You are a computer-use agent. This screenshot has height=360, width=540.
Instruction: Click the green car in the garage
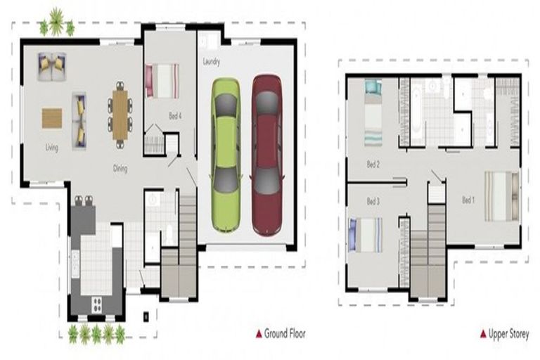click(226, 155)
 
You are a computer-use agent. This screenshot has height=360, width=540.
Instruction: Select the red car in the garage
click(267, 155)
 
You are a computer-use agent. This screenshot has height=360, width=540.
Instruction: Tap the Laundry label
click(212, 62)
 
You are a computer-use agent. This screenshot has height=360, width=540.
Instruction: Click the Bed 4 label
click(175, 116)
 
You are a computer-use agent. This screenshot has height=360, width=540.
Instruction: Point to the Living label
click(51, 148)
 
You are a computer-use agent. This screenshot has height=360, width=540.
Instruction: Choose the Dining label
click(120, 169)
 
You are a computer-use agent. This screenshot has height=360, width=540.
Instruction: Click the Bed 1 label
click(468, 200)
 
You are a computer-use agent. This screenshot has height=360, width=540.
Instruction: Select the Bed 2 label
click(373, 165)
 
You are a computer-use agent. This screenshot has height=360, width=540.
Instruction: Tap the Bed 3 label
click(373, 201)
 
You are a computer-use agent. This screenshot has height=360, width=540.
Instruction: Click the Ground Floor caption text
click(285, 333)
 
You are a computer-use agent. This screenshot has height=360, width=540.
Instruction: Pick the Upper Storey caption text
click(508, 334)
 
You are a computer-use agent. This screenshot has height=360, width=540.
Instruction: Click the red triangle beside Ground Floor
click(259, 334)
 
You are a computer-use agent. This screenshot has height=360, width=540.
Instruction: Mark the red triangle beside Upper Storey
click(483, 334)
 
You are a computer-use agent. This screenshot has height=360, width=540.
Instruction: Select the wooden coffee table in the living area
click(52, 118)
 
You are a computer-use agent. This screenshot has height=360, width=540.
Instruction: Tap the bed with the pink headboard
click(162, 81)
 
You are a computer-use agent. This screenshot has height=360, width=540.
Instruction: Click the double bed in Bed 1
click(502, 196)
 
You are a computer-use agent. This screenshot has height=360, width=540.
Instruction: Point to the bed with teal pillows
click(373, 112)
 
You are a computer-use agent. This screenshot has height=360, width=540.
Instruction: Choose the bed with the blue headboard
click(366, 235)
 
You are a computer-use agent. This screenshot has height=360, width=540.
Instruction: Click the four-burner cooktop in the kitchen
click(98, 304)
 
